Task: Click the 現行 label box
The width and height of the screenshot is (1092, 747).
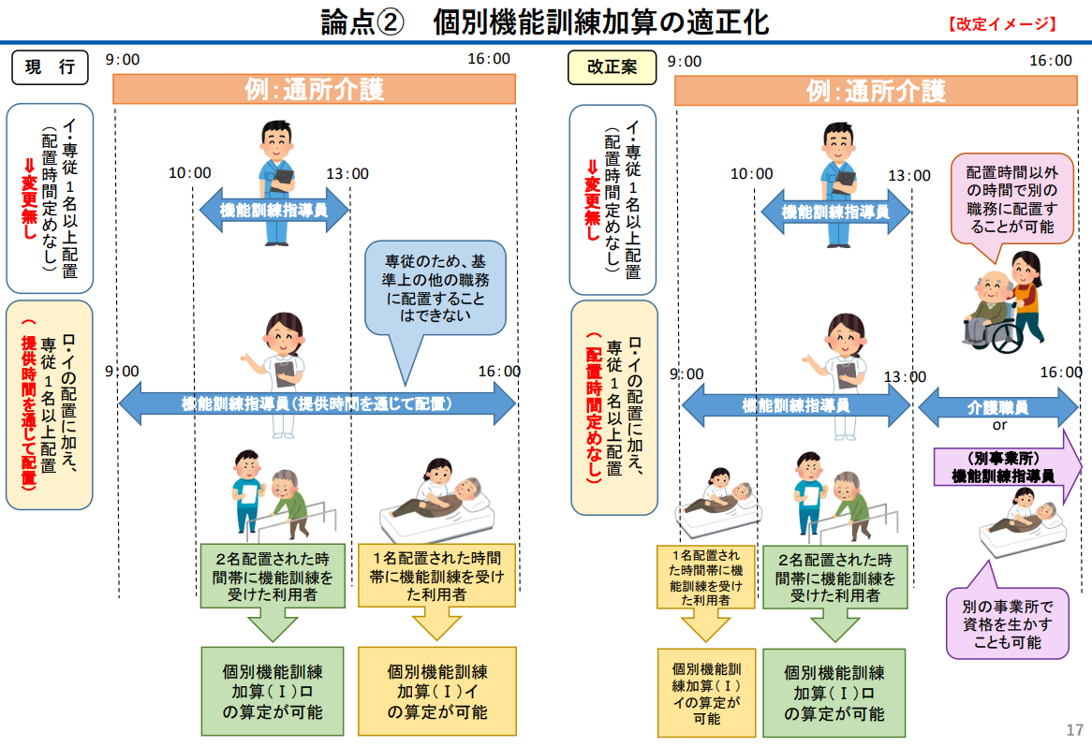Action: [51, 67]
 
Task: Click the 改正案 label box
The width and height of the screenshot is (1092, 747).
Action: [612, 67]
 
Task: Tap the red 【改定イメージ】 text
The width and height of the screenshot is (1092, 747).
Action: [1002, 24]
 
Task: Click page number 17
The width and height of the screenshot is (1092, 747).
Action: [1074, 729]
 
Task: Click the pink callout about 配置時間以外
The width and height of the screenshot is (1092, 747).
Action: [1011, 199]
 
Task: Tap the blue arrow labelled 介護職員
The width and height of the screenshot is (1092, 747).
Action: [998, 406]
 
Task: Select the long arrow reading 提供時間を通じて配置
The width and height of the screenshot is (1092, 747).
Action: [317, 403]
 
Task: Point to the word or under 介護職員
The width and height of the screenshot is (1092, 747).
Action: [999, 425]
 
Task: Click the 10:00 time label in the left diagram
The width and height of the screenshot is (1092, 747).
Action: [189, 172]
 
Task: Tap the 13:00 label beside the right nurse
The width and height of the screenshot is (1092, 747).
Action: [905, 376]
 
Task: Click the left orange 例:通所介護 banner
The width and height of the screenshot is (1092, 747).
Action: [314, 89]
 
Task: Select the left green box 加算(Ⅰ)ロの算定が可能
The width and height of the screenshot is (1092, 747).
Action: [273, 692]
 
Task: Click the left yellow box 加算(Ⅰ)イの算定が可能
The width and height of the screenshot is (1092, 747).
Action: [437, 692]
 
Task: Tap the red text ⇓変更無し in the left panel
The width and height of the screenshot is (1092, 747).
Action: [29, 198]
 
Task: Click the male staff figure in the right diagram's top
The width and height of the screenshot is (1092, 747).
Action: [838, 184]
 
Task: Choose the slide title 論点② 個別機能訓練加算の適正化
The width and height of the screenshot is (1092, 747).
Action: [545, 22]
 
